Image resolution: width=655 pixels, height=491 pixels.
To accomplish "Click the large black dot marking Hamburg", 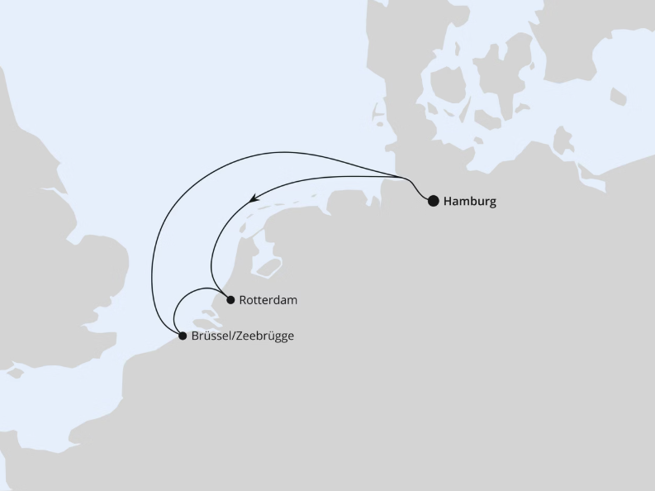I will pos(433,200).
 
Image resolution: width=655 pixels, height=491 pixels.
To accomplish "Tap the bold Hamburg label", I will pos(470,201).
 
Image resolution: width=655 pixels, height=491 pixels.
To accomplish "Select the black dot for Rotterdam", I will pos(230,300).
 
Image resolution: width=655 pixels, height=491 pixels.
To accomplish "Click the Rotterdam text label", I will pos(268,300).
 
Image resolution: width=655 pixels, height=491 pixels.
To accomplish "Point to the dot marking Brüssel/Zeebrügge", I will pos(183,336).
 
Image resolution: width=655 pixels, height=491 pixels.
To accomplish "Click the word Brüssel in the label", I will pos(210,336).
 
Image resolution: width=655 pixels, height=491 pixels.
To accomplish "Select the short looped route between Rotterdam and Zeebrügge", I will pos(188,295).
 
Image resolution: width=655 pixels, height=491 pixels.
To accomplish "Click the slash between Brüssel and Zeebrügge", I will pos(231,336).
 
